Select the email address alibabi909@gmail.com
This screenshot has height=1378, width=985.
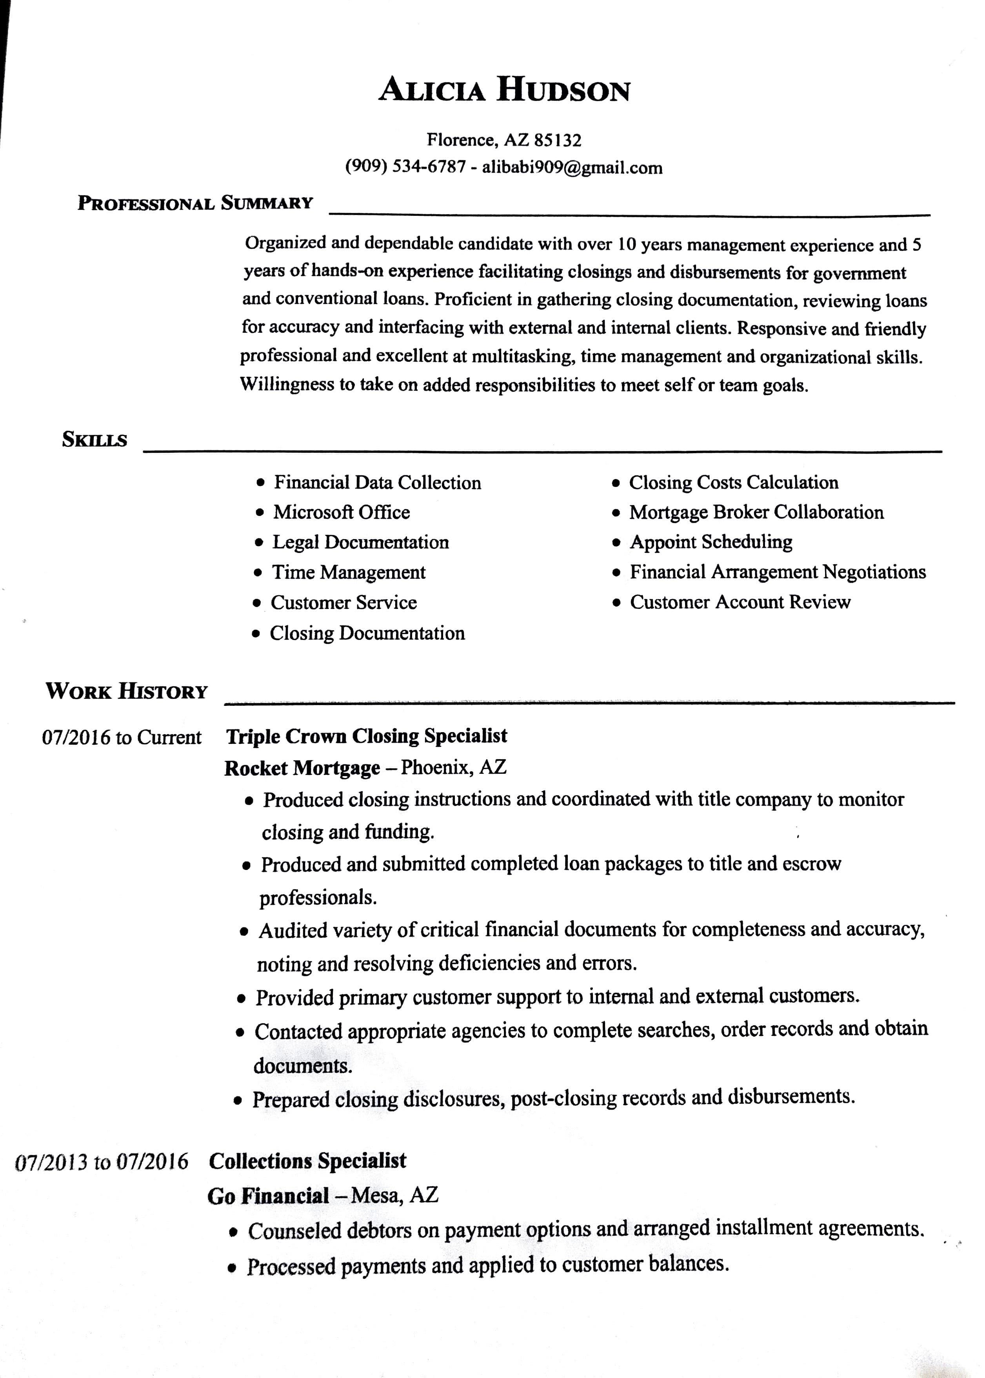(x=572, y=168)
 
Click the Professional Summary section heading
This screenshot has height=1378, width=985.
(x=195, y=203)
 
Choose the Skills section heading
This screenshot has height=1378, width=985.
(x=95, y=439)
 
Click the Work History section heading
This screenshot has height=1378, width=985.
(x=127, y=691)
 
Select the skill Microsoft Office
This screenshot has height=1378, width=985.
(x=342, y=512)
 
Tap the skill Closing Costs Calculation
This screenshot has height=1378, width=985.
(x=733, y=482)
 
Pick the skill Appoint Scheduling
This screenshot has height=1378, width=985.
(x=711, y=542)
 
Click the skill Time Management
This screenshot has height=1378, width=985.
(x=349, y=572)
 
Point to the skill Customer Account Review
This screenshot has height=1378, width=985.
(x=740, y=602)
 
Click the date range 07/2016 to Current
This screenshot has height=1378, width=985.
(x=121, y=738)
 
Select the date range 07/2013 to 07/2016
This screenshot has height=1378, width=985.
(x=101, y=1162)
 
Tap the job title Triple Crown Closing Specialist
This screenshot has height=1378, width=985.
(x=366, y=736)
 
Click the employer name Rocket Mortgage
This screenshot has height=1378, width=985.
(x=302, y=768)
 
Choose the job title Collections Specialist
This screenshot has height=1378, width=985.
(x=307, y=1161)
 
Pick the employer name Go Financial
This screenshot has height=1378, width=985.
(x=268, y=1196)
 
